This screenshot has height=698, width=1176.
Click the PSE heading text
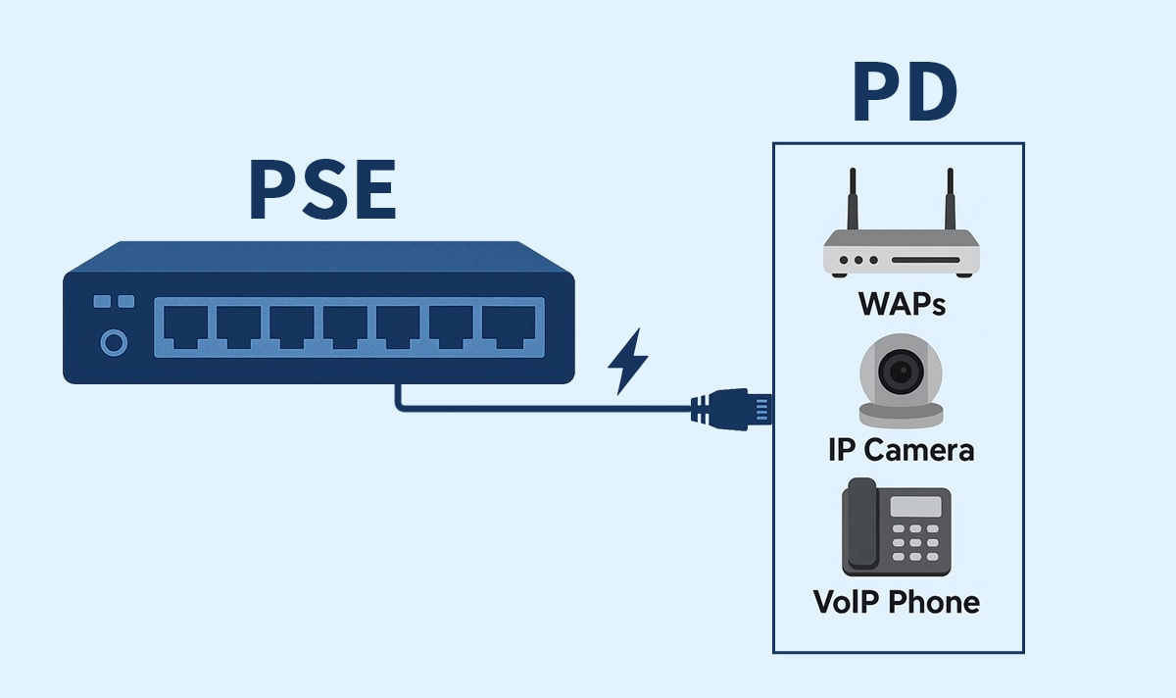pyautogui.click(x=322, y=191)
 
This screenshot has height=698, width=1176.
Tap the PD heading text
pyautogui.click(x=905, y=94)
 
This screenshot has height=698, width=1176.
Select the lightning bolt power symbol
pyautogui.click(x=627, y=361)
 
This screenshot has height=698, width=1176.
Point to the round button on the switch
pyautogui.click(x=115, y=343)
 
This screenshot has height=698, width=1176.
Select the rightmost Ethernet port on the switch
pyautogui.click(x=508, y=326)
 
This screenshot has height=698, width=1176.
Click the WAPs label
pyautogui.click(x=902, y=303)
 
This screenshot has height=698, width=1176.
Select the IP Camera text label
pyautogui.click(x=901, y=450)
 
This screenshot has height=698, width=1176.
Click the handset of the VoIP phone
pyautogui.click(x=859, y=524)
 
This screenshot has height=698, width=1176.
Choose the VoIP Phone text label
pyautogui.click(x=897, y=601)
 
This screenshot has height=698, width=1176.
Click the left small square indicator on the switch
pyautogui.click(x=100, y=303)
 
